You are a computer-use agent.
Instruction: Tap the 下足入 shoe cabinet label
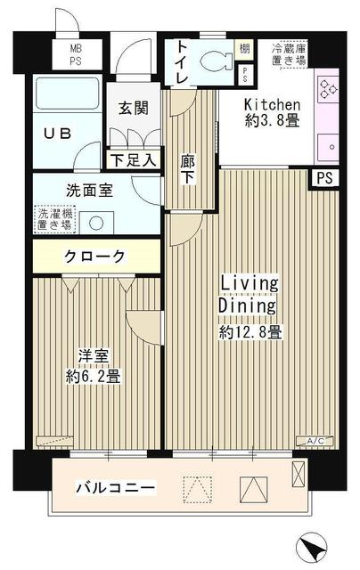[134, 160]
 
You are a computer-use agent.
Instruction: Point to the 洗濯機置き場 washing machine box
[55, 219]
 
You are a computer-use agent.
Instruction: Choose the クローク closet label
[94, 257]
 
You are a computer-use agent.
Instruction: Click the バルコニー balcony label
[115, 487]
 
